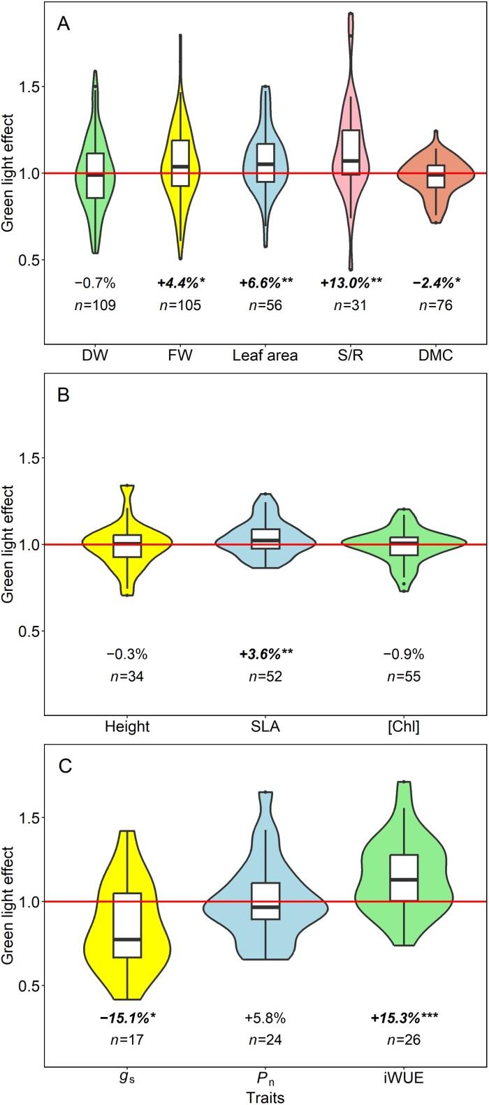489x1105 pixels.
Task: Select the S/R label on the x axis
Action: pyautogui.click(x=351, y=356)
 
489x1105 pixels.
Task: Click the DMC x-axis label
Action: pyautogui.click(x=436, y=356)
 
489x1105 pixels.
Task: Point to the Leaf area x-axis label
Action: pyautogui.click(x=265, y=356)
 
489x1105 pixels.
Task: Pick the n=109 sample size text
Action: pyautogui.click(x=95, y=305)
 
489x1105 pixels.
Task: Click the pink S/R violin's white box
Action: pyautogui.click(x=351, y=152)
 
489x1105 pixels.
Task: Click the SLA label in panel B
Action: pyautogui.click(x=265, y=726)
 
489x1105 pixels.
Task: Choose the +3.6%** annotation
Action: pyautogui.click(x=265, y=654)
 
